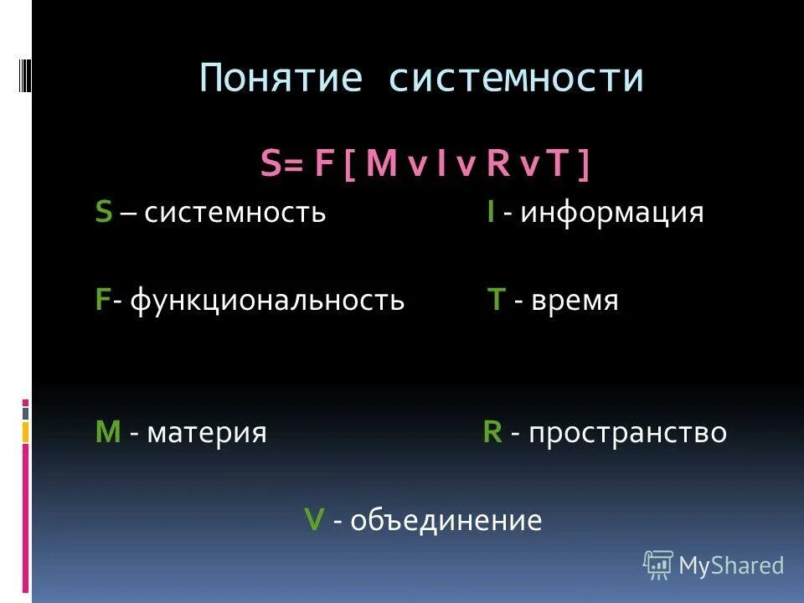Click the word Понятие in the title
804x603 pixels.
pyautogui.click(x=281, y=79)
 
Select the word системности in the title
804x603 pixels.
pyautogui.click(x=515, y=79)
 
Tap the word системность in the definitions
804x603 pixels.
pyautogui.click(x=234, y=213)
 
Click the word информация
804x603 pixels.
pyautogui.click(x=611, y=213)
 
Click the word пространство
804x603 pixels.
pyautogui.click(x=627, y=433)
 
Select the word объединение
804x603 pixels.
pyautogui.click(x=446, y=521)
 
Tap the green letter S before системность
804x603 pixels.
pyautogui.click(x=103, y=213)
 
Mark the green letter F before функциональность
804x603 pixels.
pyautogui.click(x=102, y=300)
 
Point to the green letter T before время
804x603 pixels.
pyautogui.click(x=496, y=300)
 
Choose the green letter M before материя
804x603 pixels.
pyautogui.click(x=108, y=433)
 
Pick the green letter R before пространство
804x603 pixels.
pyautogui.click(x=492, y=433)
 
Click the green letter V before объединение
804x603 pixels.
pyautogui.click(x=314, y=521)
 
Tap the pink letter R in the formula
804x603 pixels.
pyautogui.click(x=497, y=165)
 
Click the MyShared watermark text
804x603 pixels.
pyautogui.click(x=730, y=566)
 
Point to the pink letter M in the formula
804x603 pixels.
pyautogui.click(x=381, y=165)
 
